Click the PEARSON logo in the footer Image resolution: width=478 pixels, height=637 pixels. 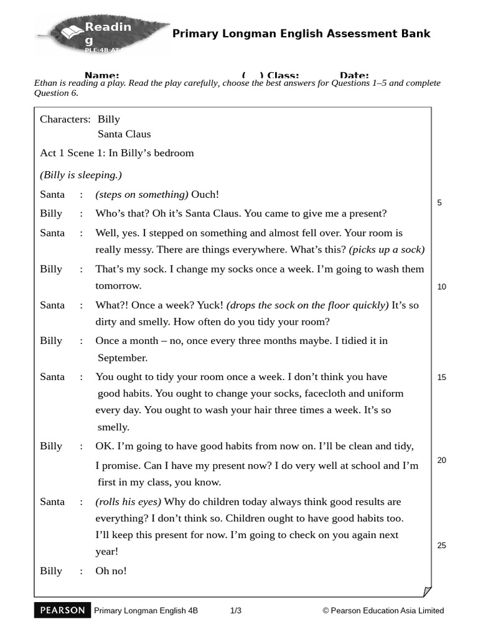62,610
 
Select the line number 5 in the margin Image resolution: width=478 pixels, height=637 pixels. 439,203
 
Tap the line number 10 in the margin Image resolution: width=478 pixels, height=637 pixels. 442,287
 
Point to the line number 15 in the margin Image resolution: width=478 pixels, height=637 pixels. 442,377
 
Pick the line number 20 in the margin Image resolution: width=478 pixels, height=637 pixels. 442,460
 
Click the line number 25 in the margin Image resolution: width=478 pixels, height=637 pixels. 442,546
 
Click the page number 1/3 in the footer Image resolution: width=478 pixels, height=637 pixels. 236,611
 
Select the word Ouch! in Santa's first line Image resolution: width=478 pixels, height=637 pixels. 205,195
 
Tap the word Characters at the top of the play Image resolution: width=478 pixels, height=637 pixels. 65,119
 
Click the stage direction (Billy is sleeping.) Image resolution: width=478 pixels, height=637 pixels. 81,174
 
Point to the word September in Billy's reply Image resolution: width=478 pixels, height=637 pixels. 123,358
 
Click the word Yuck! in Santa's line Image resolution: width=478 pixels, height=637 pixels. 210,305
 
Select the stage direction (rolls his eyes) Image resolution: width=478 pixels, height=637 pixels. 128,501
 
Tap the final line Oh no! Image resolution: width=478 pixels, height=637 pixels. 111,570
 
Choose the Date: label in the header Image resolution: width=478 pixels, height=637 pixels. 354,75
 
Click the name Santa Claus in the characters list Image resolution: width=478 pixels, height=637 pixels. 124,134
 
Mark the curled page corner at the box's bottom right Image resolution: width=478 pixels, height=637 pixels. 426,591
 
